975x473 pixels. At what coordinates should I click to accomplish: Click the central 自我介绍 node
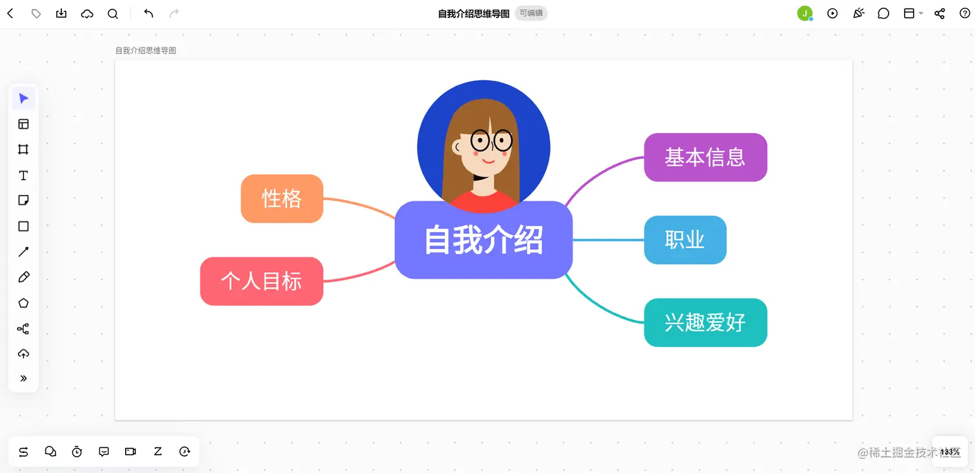(x=483, y=240)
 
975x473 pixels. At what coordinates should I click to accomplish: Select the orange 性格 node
(x=282, y=199)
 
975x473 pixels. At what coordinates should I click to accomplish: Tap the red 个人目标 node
(x=261, y=281)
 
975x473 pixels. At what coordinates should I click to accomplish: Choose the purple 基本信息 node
(x=705, y=157)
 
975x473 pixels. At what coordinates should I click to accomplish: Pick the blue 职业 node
(x=685, y=240)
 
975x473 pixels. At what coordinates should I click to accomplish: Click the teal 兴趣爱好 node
(x=705, y=323)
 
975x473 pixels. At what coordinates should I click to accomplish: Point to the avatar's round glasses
(x=491, y=140)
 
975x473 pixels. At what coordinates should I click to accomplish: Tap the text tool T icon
(x=23, y=176)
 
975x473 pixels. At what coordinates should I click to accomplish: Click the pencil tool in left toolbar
(x=23, y=277)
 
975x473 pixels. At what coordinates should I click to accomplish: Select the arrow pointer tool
(x=23, y=99)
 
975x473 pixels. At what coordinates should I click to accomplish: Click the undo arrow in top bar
(x=148, y=14)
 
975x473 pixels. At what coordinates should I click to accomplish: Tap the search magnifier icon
(x=113, y=14)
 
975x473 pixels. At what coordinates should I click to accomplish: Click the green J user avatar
(x=804, y=14)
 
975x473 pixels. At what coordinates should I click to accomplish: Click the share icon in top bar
(x=940, y=14)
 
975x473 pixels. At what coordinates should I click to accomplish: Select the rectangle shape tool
(x=23, y=226)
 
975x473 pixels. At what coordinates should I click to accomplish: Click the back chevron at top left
(x=10, y=14)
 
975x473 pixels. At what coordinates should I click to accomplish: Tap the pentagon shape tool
(x=23, y=303)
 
